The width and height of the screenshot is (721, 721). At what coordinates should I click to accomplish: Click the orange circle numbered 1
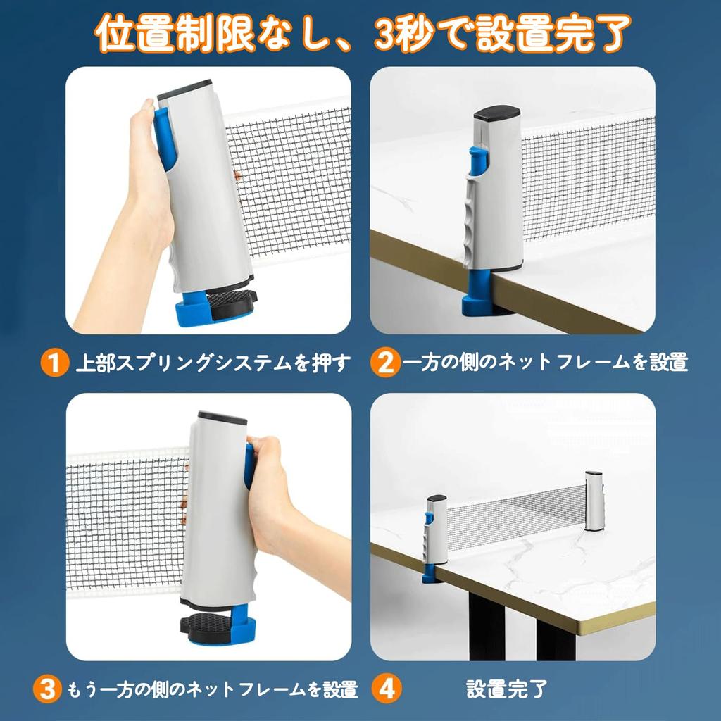pos(53,363)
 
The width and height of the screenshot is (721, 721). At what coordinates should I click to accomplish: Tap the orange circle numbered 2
pos(384,363)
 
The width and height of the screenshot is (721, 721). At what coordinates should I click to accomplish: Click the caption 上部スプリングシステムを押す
pos(213,363)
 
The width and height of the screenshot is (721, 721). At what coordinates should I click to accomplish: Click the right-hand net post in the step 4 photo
pos(594,501)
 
